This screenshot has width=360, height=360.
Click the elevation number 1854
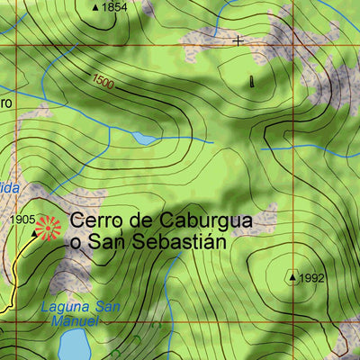(x=114, y=7)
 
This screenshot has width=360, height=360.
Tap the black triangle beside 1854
(x=95, y=7)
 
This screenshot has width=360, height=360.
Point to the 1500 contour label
(x=103, y=82)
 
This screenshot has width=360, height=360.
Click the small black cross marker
(x=238, y=40)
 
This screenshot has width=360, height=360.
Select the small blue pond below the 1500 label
(x=144, y=139)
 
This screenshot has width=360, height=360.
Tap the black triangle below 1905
(x=36, y=233)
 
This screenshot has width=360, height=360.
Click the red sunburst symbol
(x=49, y=228)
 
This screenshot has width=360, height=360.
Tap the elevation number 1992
(x=311, y=278)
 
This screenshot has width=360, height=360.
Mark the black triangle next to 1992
(x=292, y=277)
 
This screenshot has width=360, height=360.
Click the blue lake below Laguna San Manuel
(x=74, y=345)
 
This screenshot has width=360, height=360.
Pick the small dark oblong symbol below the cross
(x=252, y=81)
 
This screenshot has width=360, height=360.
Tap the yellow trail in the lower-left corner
(x=13, y=288)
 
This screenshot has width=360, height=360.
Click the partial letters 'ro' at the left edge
(x=4, y=103)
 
